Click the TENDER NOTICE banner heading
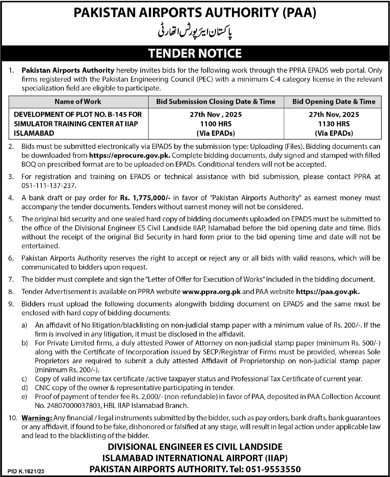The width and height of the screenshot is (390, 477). [x=195, y=53]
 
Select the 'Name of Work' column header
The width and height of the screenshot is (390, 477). [x=78, y=101]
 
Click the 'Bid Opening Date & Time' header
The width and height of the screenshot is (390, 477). [x=334, y=101]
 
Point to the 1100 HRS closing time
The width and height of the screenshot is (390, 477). [x=216, y=124]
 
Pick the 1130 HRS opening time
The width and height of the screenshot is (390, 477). [x=334, y=124]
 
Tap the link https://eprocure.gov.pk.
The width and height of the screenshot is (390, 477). [x=130, y=155]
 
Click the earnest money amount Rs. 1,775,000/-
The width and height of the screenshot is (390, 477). [x=145, y=198]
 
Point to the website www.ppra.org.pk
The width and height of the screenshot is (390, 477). [x=211, y=291]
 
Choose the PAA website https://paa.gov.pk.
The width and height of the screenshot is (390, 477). [x=328, y=291]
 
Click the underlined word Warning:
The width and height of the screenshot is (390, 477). [x=37, y=418]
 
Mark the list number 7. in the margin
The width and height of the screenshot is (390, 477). [x=11, y=279]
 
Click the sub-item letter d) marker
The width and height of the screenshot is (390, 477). [x=25, y=388]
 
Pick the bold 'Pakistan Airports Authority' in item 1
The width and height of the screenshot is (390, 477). [x=68, y=70]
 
